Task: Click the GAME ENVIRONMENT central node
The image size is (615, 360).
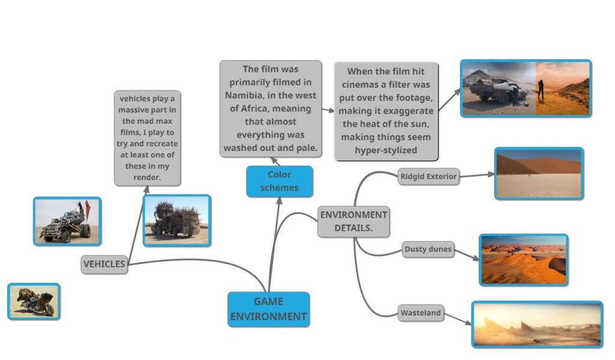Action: pos(268,309)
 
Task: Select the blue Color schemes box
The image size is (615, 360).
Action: pos(279,181)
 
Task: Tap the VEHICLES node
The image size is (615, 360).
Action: pos(105,264)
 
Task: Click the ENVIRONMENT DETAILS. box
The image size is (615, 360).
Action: pos(354,221)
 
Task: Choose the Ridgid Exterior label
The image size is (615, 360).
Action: pos(428,177)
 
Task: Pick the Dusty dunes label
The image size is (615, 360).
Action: pos(428,249)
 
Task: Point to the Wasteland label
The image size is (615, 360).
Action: pos(420,313)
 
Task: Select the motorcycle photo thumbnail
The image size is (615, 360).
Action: pos(34,301)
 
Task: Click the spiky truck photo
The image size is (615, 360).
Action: pos(177,221)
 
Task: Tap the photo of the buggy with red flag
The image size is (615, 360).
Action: pos(67,221)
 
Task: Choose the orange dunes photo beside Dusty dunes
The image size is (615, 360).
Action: pos(523,260)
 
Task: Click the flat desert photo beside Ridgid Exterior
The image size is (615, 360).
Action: pos(539,173)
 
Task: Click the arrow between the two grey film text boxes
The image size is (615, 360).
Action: pos(327,110)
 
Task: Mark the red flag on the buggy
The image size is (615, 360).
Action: pos(88,208)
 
